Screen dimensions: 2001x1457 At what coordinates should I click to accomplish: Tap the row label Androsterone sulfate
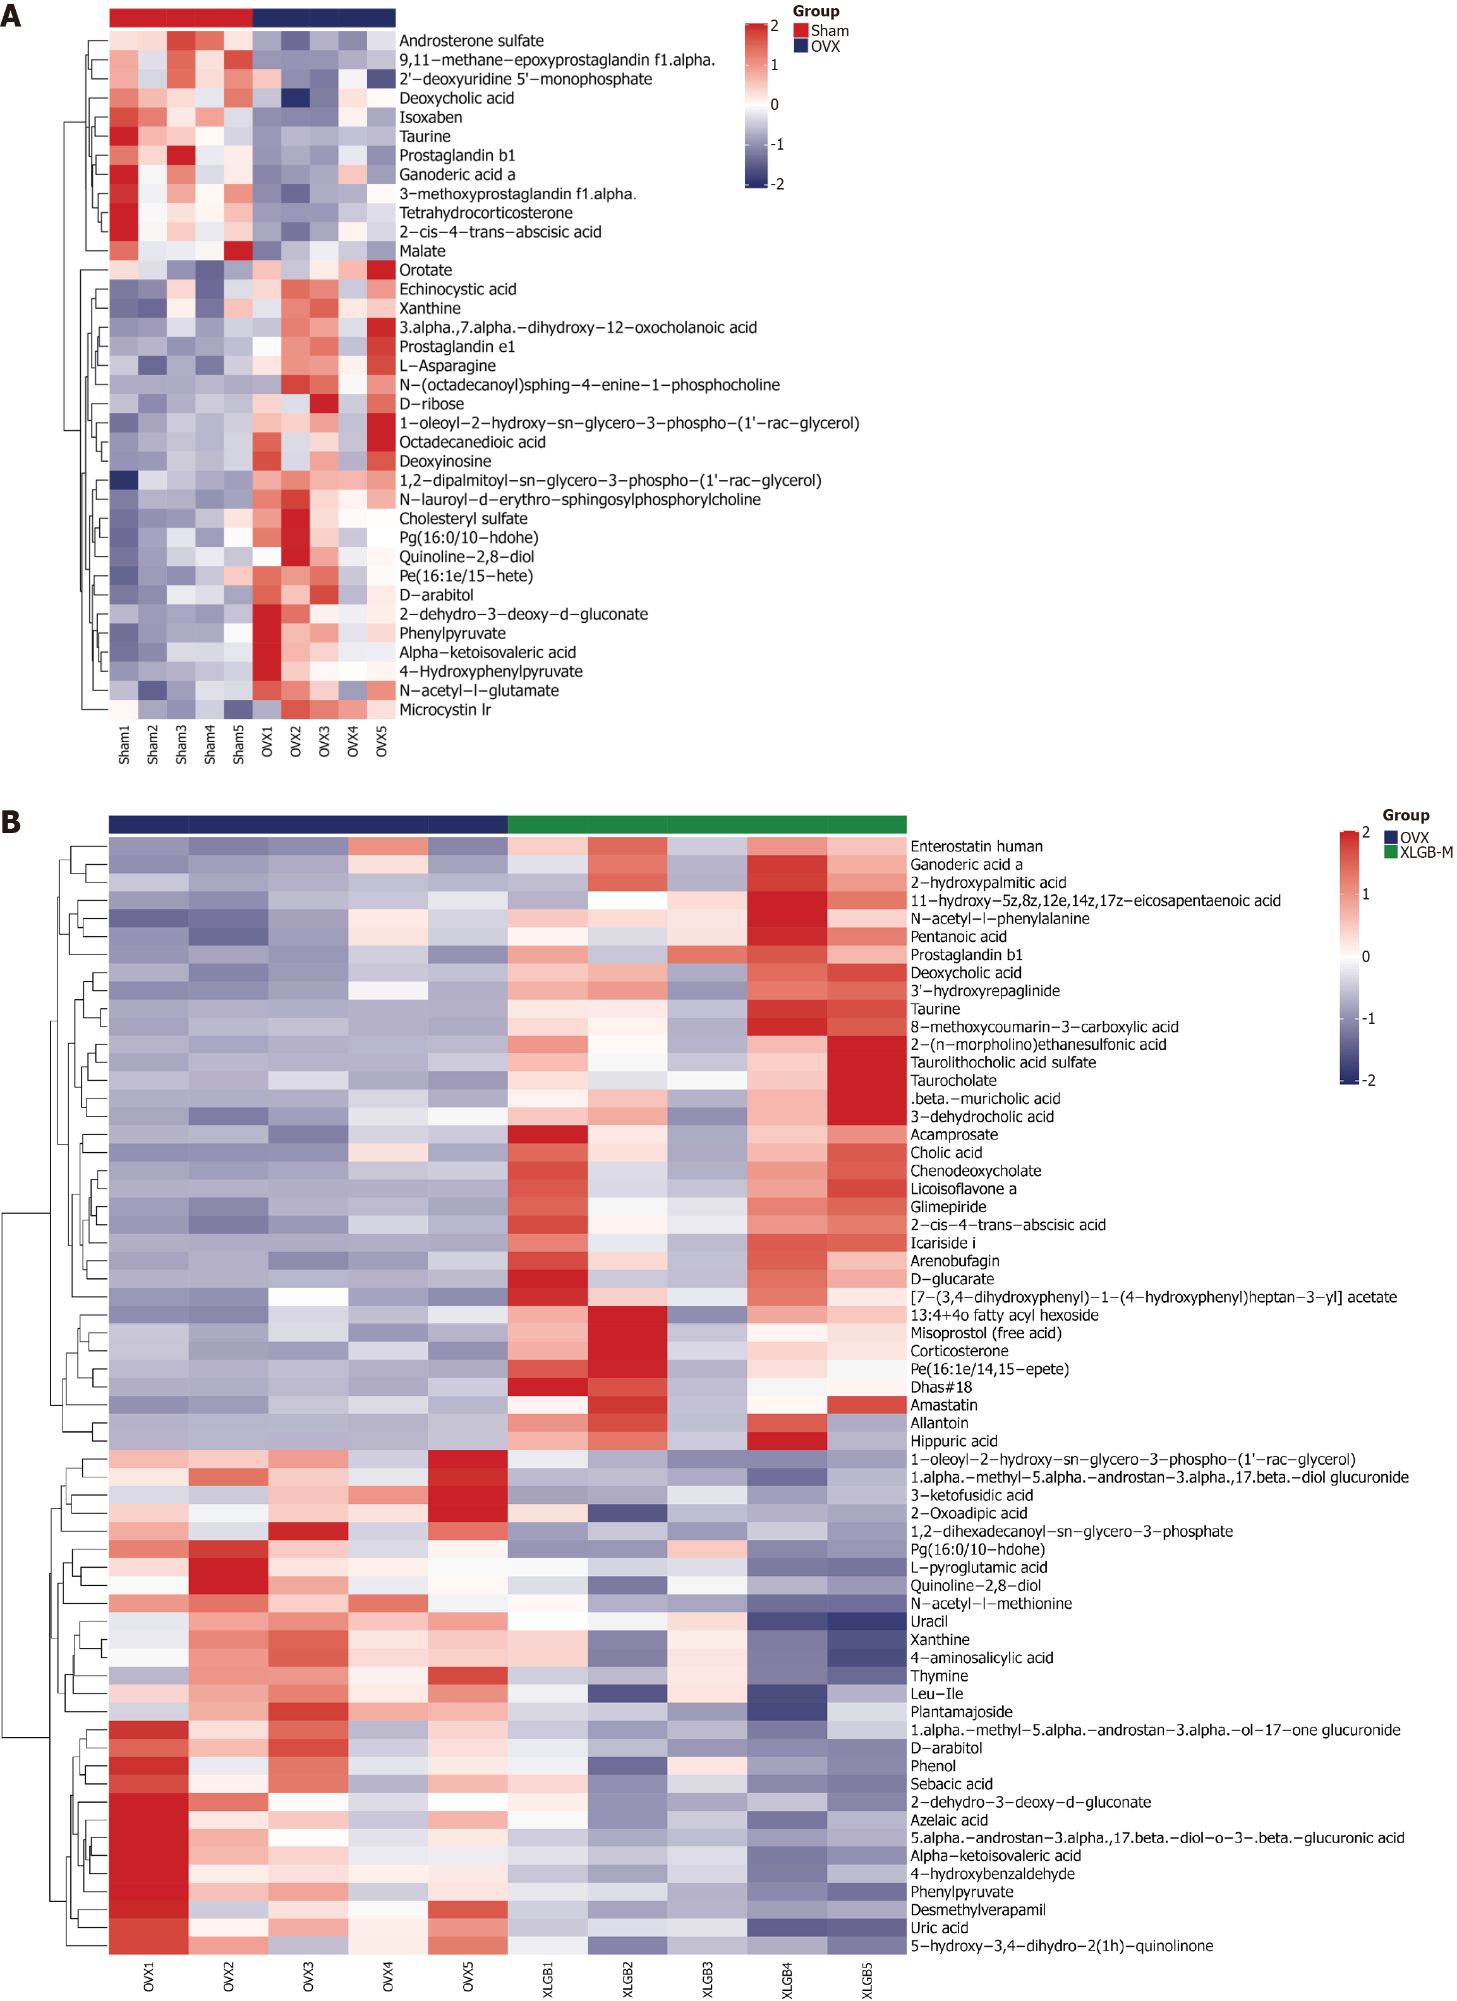(471, 40)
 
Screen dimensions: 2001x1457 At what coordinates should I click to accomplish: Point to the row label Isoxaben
(431, 117)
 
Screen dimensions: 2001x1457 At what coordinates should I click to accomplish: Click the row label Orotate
(425, 270)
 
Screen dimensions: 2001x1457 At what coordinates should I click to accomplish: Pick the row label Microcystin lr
(445, 709)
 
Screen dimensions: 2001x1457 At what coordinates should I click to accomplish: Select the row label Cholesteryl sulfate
(463, 519)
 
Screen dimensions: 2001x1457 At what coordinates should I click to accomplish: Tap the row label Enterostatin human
(976, 846)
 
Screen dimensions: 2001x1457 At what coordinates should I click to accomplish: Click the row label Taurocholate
(953, 1080)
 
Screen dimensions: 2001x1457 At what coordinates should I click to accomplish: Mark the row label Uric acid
(939, 1928)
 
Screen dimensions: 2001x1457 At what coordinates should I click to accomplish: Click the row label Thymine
(939, 1676)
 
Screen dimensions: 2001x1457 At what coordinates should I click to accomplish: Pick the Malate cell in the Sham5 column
(238, 251)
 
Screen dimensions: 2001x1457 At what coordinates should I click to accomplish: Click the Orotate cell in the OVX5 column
(381, 270)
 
